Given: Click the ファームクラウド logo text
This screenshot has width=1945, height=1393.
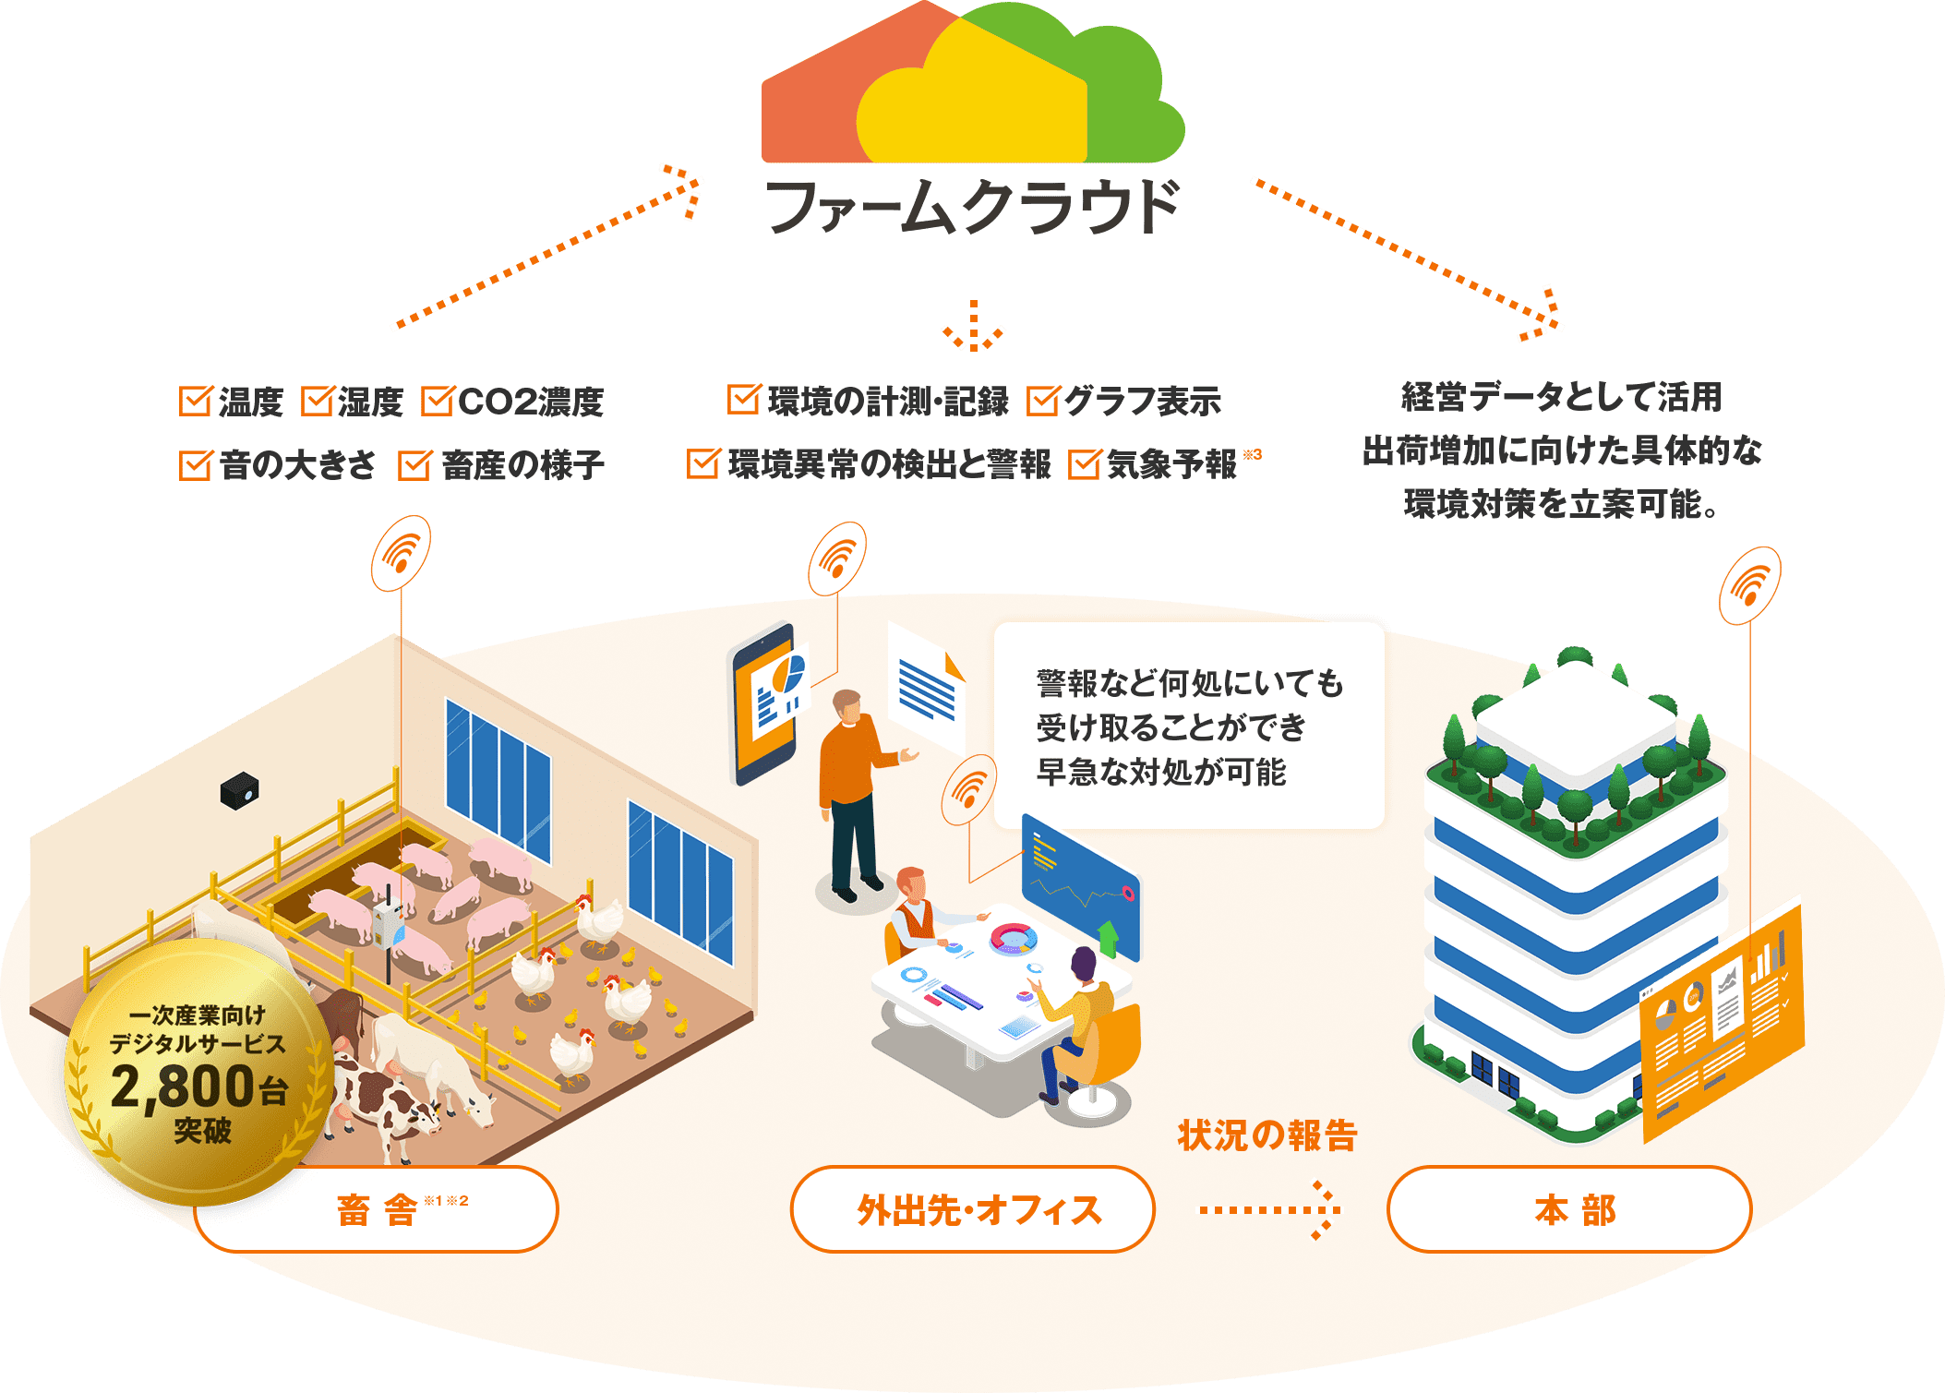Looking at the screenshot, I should pos(972,207).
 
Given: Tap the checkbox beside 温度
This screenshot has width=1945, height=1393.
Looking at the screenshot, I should pos(195,402).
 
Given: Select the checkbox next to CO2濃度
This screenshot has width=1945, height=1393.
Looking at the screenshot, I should pos(436,402).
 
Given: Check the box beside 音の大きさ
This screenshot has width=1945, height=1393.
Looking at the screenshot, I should pos(195,465).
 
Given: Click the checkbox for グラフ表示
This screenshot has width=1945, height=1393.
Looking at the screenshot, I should pos(1042,402).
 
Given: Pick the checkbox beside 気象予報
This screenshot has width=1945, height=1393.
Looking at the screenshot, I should pos(1084,464).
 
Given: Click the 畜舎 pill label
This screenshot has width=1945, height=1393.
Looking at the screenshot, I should pos(376,1209).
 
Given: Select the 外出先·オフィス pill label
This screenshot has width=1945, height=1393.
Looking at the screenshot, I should pos(972,1209).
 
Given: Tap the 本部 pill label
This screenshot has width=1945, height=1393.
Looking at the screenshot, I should pos(1568,1209).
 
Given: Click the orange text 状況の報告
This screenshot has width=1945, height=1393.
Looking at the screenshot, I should pos(1267,1135).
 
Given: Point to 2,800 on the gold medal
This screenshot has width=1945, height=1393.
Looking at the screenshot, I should pos(182,1087).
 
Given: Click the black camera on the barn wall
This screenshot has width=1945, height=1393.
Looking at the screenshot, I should pos(239,791).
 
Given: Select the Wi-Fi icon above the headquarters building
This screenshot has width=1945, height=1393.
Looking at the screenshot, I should pos(1749,585).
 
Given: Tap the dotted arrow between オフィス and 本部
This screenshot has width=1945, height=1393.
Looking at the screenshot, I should pos(1270,1209).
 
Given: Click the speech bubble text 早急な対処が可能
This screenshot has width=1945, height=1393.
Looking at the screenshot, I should pos(1160,772).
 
